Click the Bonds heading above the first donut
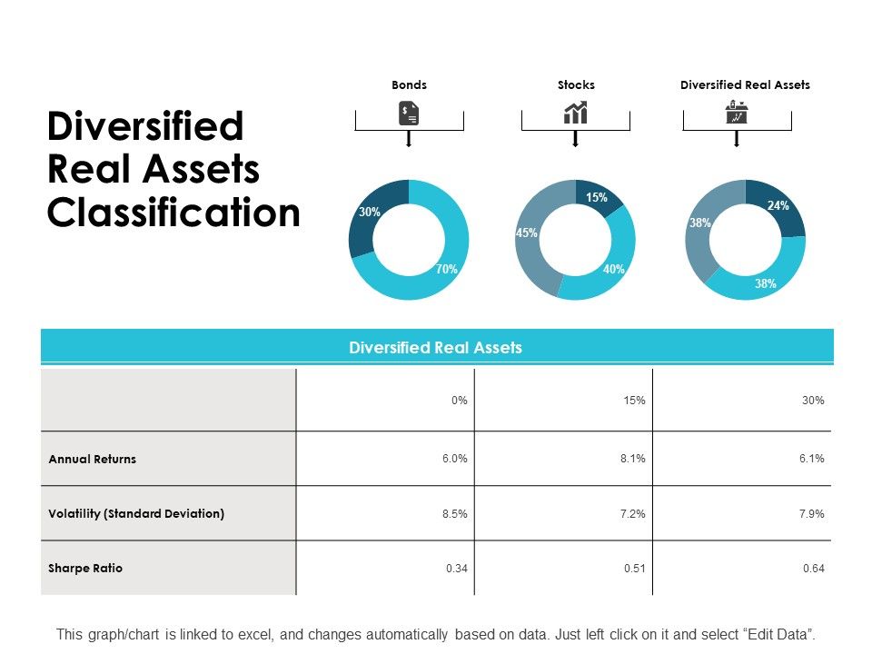point(409,84)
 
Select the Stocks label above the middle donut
point(576,84)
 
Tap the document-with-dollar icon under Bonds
point(409,114)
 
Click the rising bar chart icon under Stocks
point(576,113)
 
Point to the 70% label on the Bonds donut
point(446,269)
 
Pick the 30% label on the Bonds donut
point(369,212)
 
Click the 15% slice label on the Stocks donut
point(596,197)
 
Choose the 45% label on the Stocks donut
point(527,233)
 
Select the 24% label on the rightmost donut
point(778,206)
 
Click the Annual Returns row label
point(92,459)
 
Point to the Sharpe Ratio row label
point(85,568)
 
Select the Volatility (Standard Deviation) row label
point(136,513)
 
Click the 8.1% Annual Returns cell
point(634,459)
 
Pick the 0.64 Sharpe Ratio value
point(813,569)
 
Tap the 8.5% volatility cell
point(455,514)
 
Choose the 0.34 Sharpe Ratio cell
point(456,569)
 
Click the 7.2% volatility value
point(634,514)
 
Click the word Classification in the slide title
point(173,213)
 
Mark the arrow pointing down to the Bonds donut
point(409,139)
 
